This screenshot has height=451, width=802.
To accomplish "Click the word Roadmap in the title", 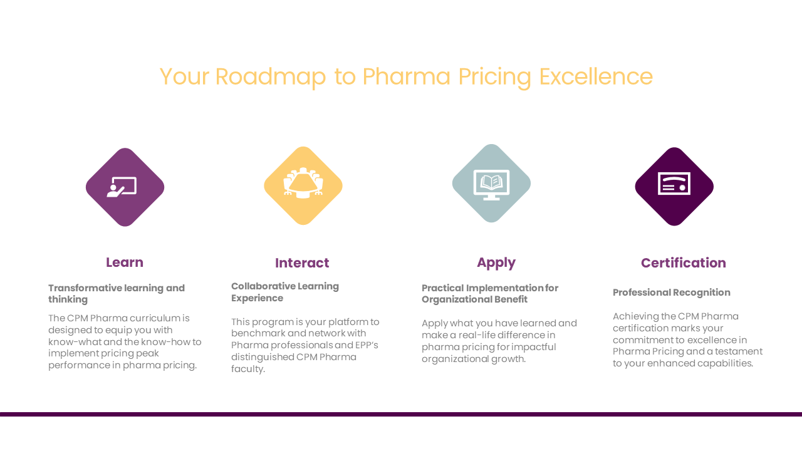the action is tap(271, 77).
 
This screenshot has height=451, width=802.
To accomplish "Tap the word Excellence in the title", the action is tap(596, 76).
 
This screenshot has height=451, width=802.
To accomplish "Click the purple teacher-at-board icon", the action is tap(125, 187).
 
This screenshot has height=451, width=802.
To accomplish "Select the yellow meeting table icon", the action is tap(303, 186).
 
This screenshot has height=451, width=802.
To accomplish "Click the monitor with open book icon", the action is tap(491, 184).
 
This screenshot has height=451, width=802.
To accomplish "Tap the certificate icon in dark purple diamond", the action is tap(674, 187).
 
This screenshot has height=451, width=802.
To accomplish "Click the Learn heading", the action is tap(125, 262).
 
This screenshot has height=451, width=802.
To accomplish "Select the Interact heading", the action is tap(302, 263).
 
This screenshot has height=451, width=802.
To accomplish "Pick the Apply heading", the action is tap(496, 263).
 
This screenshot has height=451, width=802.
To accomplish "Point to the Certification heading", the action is tap(684, 263).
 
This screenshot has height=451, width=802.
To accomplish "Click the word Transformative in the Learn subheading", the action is tap(86, 288).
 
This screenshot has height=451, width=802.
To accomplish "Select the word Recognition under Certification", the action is tap(702, 293).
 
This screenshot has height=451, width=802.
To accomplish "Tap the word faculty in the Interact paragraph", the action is tap(248, 369).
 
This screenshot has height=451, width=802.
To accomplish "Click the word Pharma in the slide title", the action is tap(406, 76).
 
